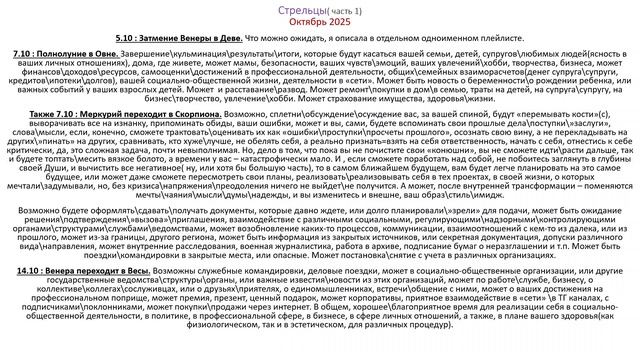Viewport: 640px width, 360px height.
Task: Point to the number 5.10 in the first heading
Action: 127,36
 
